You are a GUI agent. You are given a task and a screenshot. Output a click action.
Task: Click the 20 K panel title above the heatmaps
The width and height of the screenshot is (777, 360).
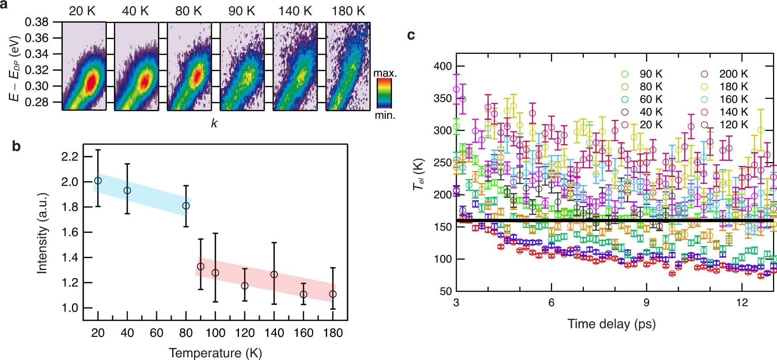point(82,11)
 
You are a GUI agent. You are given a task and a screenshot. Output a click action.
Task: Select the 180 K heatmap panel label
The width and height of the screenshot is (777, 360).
point(348,11)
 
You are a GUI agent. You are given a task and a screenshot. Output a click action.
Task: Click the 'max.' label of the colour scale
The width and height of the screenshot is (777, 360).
point(385,73)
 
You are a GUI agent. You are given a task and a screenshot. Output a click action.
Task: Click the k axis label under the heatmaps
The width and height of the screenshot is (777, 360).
point(214,123)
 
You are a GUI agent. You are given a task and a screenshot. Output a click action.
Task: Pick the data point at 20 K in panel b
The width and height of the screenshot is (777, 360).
point(98,181)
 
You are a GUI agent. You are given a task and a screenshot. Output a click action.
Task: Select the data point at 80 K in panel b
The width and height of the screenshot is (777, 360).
point(186,206)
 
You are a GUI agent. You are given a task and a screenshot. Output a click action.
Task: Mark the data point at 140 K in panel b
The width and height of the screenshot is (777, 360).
point(274,275)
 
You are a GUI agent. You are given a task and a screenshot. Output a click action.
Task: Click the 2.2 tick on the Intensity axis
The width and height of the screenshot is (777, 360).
point(68,157)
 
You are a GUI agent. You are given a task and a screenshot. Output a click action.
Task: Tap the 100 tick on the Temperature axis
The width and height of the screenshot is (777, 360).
point(215,333)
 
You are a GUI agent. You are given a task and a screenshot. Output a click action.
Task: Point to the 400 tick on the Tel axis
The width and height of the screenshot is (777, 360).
point(442,66)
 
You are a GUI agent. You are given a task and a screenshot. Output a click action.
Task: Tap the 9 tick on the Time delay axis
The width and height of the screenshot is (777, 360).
point(647,303)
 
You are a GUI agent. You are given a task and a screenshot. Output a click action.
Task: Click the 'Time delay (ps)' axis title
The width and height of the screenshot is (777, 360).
point(611,324)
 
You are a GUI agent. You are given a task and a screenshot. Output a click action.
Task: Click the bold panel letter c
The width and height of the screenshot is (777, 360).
point(411,35)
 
